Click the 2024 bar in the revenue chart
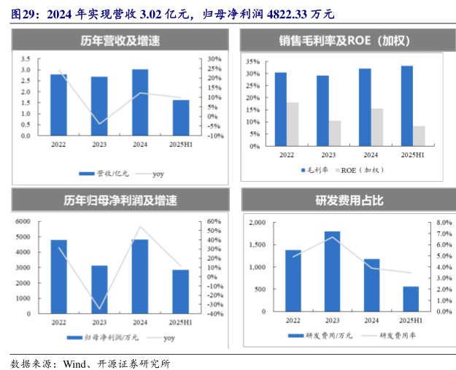click(140, 102)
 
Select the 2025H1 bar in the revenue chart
click(181, 117)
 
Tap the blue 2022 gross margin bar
click(280, 109)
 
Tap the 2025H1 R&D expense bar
click(411, 298)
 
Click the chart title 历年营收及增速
click(120, 42)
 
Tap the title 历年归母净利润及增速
click(120, 200)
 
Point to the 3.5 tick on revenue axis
click(26, 58)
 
